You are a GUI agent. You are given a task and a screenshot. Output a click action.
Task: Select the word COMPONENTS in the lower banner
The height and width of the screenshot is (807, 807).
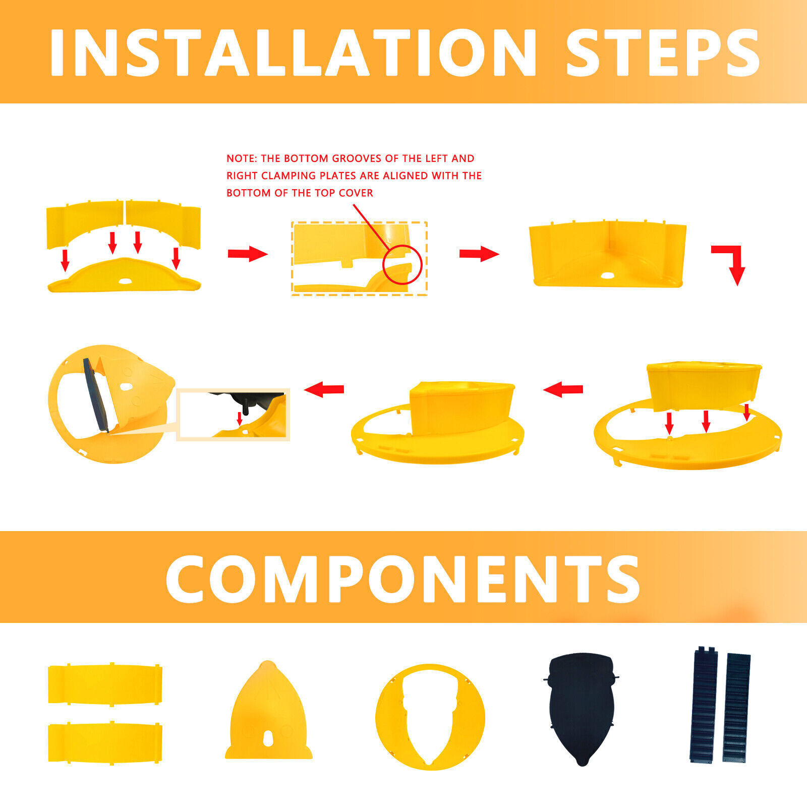click(402, 579)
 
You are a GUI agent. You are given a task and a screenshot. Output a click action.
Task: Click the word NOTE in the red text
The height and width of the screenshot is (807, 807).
click(240, 158)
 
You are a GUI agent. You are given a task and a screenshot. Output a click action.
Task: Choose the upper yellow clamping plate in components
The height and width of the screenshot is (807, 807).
click(105, 683)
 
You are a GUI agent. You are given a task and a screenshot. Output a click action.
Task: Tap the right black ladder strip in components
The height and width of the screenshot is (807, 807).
click(736, 708)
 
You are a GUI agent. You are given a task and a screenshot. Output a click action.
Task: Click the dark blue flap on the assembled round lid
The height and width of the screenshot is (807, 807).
click(99, 394)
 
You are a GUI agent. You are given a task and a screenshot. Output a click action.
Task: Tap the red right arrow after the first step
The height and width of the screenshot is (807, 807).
click(248, 254)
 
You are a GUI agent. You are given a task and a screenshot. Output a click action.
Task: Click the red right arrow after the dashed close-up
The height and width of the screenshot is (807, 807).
click(479, 254)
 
